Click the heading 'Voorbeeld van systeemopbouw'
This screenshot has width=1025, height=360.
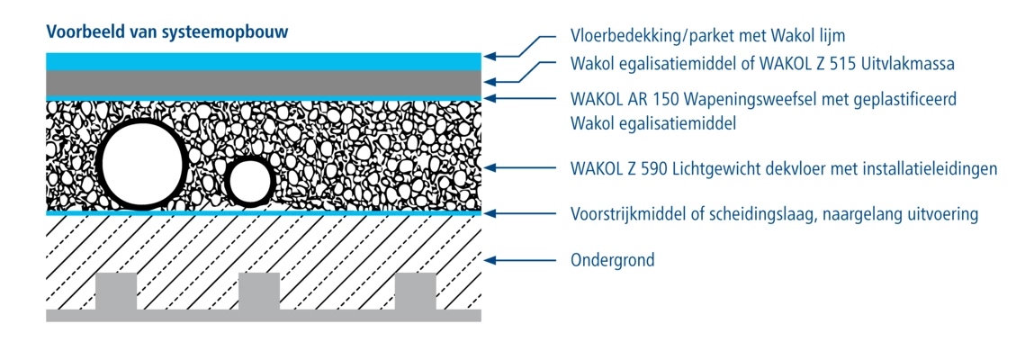click(x=166, y=31)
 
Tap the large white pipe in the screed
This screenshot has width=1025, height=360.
click(x=141, y=163)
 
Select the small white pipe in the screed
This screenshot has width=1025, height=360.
click(x=248, y=182)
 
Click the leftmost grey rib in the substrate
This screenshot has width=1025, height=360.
click(x=116, y=292)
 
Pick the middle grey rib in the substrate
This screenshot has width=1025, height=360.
click(x=259, y=292)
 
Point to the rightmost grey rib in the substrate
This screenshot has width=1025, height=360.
click(x=415, y=292)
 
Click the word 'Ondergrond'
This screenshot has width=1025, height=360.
click(x=613, y=261)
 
